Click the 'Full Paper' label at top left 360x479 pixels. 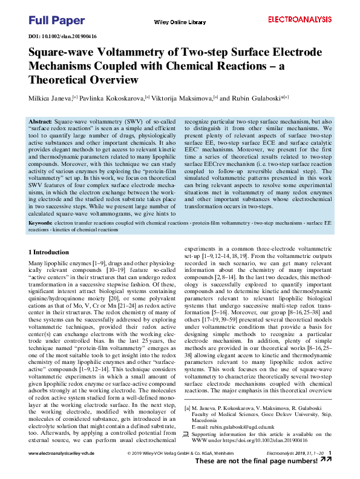(x=57, y=21)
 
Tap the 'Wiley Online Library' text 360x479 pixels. (x=180, y=22)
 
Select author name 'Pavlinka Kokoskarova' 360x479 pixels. (x=113, y=97)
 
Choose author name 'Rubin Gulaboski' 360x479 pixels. (x=253, y=97)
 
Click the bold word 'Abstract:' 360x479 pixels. (x=41, y=122)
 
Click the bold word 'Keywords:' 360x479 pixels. (x=41, y=223)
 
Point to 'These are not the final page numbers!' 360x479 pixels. (x=257, y=461)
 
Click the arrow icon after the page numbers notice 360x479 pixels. (x=326, y=460)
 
